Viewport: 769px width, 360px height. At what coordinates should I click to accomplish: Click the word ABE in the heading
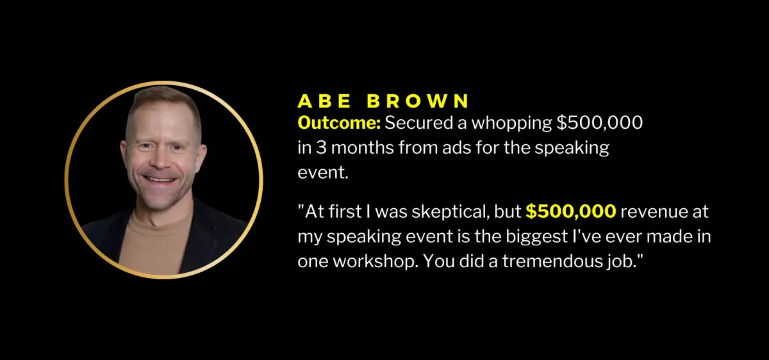[x=324, y=101]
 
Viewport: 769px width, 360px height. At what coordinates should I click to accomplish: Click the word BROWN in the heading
[x=418, y=101]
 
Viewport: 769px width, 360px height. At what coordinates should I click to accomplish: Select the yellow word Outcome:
[x=339, y=123]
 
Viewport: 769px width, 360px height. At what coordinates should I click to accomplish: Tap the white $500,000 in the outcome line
[x=600, y=123]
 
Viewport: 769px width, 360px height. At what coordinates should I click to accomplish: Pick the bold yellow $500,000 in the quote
[x=571, y=211]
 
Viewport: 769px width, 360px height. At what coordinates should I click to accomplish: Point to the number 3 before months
[x=321, y=148]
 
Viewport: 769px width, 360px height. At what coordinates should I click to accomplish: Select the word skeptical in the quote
[x=451, y=213]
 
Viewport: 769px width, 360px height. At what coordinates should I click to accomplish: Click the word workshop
[x=376, y=262]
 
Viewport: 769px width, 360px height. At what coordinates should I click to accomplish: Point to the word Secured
[x=420, y=123]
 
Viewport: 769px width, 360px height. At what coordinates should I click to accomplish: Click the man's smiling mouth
[x=160, y=179]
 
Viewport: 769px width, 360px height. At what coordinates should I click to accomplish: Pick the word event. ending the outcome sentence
[x=323, y=172]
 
